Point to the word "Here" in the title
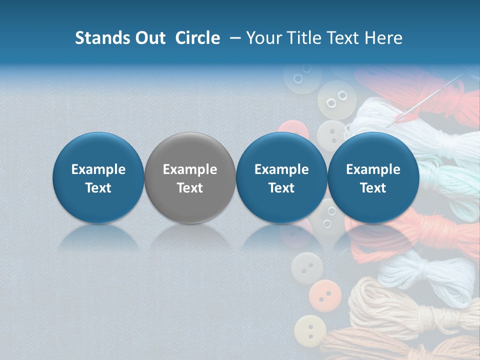pyautogui.click(x=384, y=38)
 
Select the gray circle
pyautogui.click(x=190, y=177)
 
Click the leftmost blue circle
pyautogui.click(x=98, y=177)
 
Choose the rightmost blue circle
pyautogui.click(x=373, y=177)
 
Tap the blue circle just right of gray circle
pyautogui.click(x=281, y=177)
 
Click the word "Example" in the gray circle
pyautogui.click(x=190, y=169)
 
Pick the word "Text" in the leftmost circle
pyautogui.click(x=98, y=187)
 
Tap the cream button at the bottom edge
pyautogui.click(x=310, y=331)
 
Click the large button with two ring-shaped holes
pyautogui.click(x=337, y=98)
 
